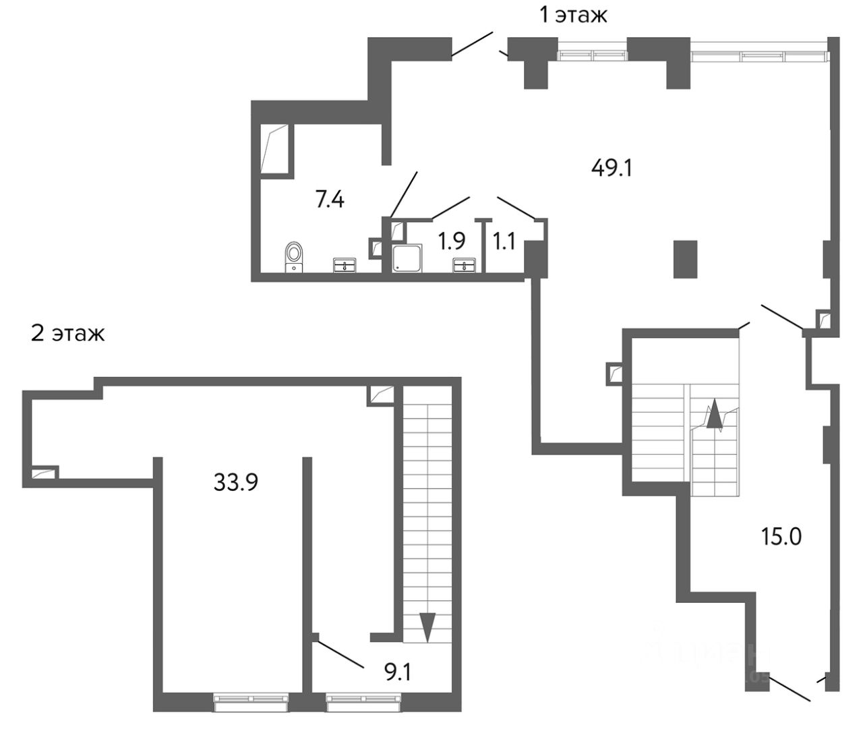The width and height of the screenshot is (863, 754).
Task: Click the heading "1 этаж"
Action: click(x=573, y=14)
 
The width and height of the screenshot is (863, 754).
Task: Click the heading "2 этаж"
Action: click(x=67, y=333)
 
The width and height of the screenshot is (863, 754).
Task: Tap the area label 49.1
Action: click(x=612, y=167)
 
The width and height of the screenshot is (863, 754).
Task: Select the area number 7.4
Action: click(x=330, y=200)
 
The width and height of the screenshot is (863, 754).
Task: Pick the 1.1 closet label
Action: click(x=504, y=241)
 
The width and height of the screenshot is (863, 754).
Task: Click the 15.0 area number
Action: click(x=781, y=537)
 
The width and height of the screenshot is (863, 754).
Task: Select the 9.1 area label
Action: click(x=396, y=672)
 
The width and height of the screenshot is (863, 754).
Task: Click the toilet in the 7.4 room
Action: click(x=295, y=256)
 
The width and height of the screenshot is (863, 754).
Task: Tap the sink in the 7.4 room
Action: click(x=345, y=265)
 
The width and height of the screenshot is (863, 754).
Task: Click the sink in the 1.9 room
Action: click(x=464, y=265)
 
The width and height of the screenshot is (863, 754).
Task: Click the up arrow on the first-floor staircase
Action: click(x=714, y=415)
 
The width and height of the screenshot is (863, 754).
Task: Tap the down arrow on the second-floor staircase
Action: click(x=426, y=627)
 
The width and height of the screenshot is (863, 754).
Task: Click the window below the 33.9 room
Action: click(x=251, y=702)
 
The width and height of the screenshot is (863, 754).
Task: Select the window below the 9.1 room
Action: click(x=364, y=702)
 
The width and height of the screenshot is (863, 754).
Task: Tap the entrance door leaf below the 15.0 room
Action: click(x=788, y=688)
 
